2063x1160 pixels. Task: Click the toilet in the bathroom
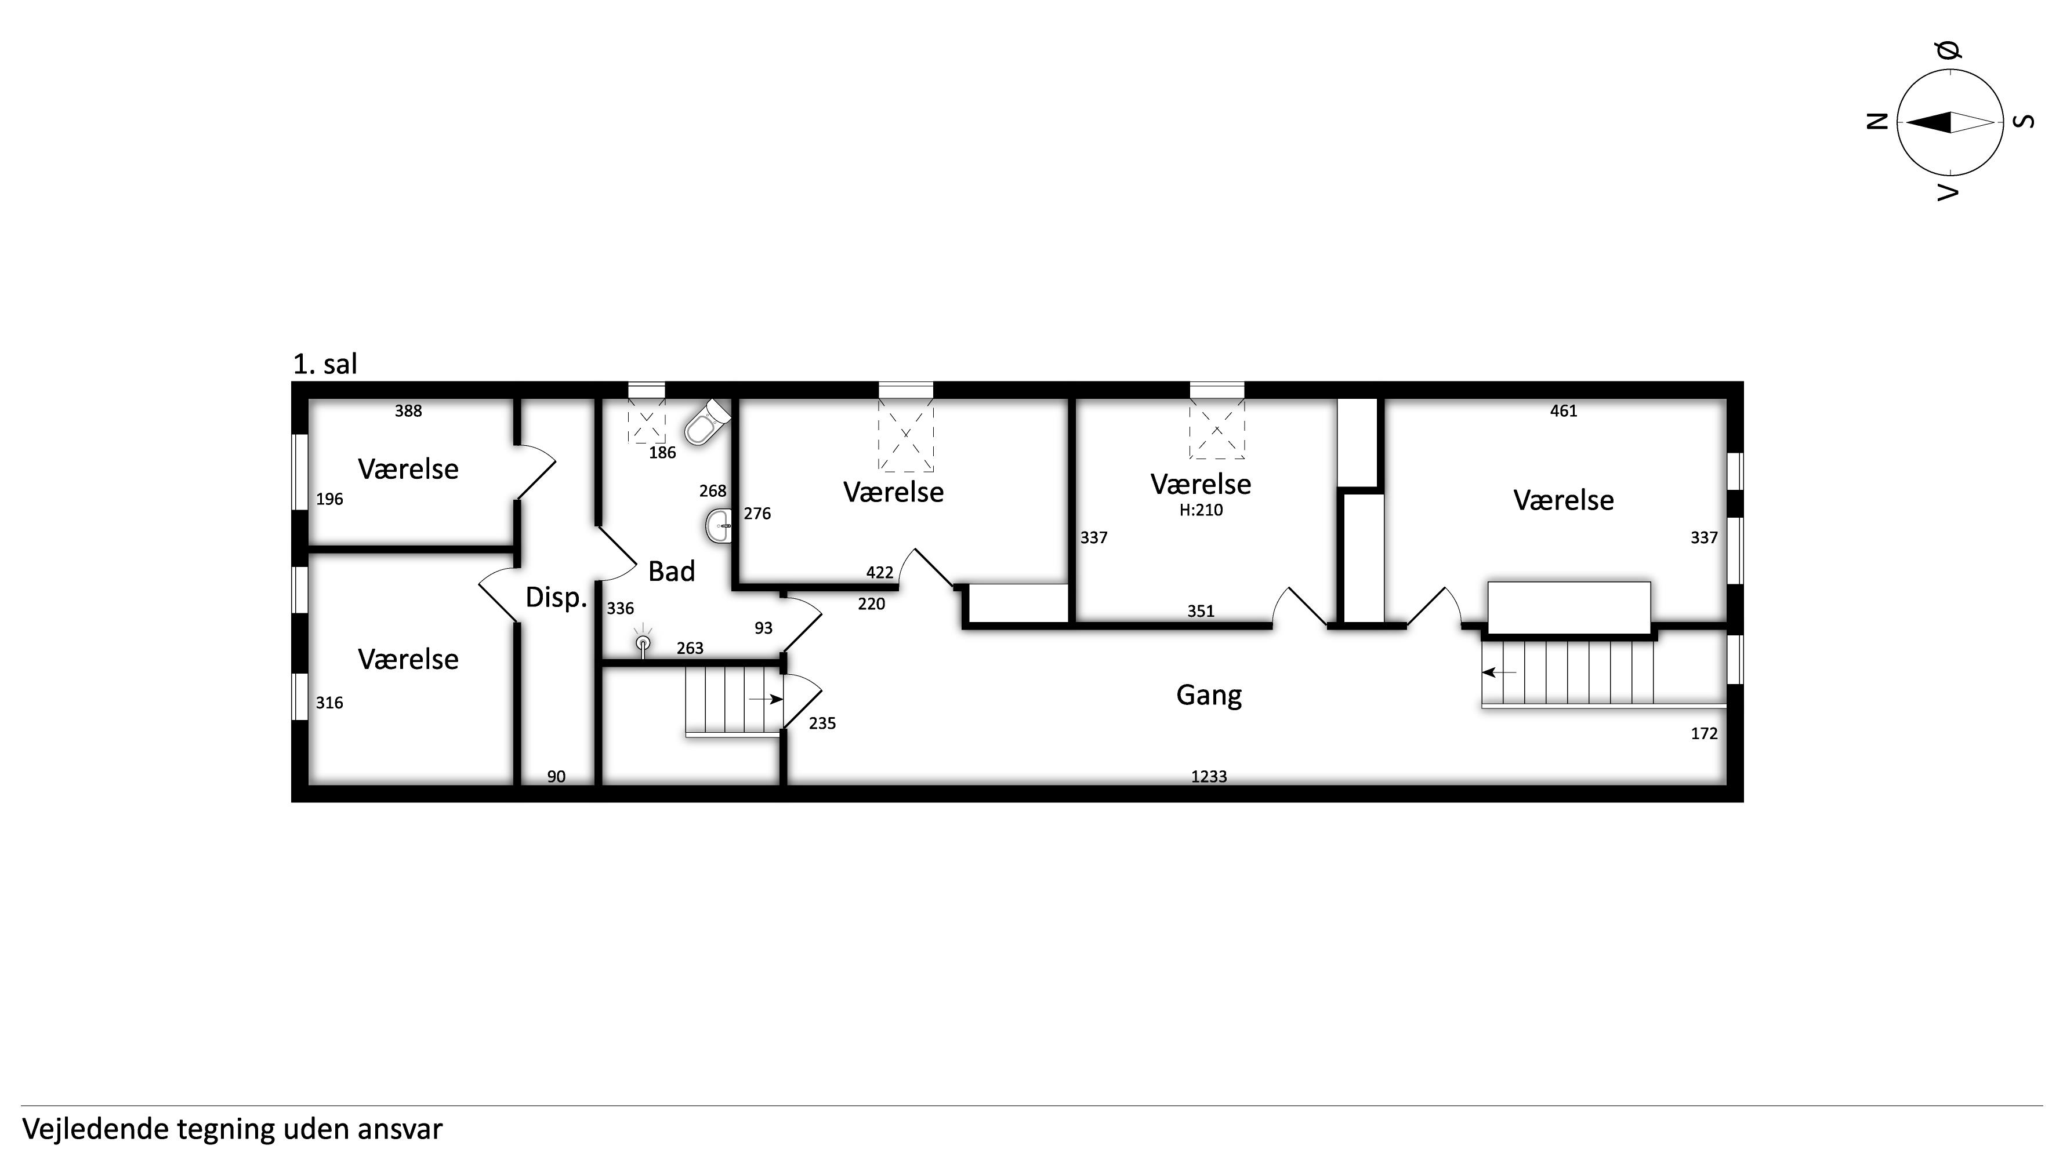[708, 422]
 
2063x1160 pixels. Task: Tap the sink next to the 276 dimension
[719, 527]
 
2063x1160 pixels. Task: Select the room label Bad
[671, 572]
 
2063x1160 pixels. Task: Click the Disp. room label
[556, 597]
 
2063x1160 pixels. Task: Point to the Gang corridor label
[1209, 695]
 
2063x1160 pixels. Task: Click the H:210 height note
[1201, 510]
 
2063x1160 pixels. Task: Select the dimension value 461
[1563, 410]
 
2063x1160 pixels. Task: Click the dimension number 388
[408, 410]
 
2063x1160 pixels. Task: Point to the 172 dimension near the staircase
[1704, 733]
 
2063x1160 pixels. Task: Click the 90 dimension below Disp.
[556, 777]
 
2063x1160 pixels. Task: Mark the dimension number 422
[879, 572]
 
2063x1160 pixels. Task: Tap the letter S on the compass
[2025, 122]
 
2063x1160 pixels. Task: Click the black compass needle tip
[1906, 122]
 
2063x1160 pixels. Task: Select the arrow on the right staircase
[1499, 672]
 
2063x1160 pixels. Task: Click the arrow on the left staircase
[766, 699]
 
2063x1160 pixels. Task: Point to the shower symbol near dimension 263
[642, 642]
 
